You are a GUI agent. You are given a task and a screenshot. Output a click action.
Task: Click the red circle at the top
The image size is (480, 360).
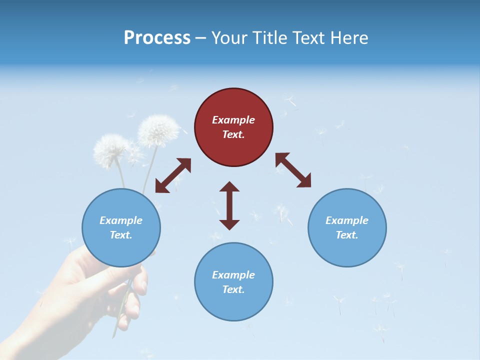point(233,127)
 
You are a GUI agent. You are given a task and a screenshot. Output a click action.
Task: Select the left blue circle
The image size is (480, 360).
point(121,227)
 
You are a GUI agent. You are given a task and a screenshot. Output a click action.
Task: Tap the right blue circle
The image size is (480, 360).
point(347,227)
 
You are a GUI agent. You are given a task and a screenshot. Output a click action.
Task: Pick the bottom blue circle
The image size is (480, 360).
point(233,282)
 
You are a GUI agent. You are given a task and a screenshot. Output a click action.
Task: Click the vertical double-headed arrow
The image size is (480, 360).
point(229,205)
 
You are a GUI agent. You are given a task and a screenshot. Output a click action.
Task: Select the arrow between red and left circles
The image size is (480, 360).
point(173,175)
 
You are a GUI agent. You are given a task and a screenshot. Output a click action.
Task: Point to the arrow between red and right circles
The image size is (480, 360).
point(293,170)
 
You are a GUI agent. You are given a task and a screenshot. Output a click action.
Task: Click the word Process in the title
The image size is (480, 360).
point(157,37)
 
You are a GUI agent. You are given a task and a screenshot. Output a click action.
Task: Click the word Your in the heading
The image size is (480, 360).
point(230,37)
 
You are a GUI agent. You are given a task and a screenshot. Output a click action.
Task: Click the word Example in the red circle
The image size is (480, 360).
point(233,120)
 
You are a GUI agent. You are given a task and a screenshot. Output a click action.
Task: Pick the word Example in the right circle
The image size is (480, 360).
point(347,220)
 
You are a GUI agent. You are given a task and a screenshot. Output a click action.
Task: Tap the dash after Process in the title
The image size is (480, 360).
point(200,38)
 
